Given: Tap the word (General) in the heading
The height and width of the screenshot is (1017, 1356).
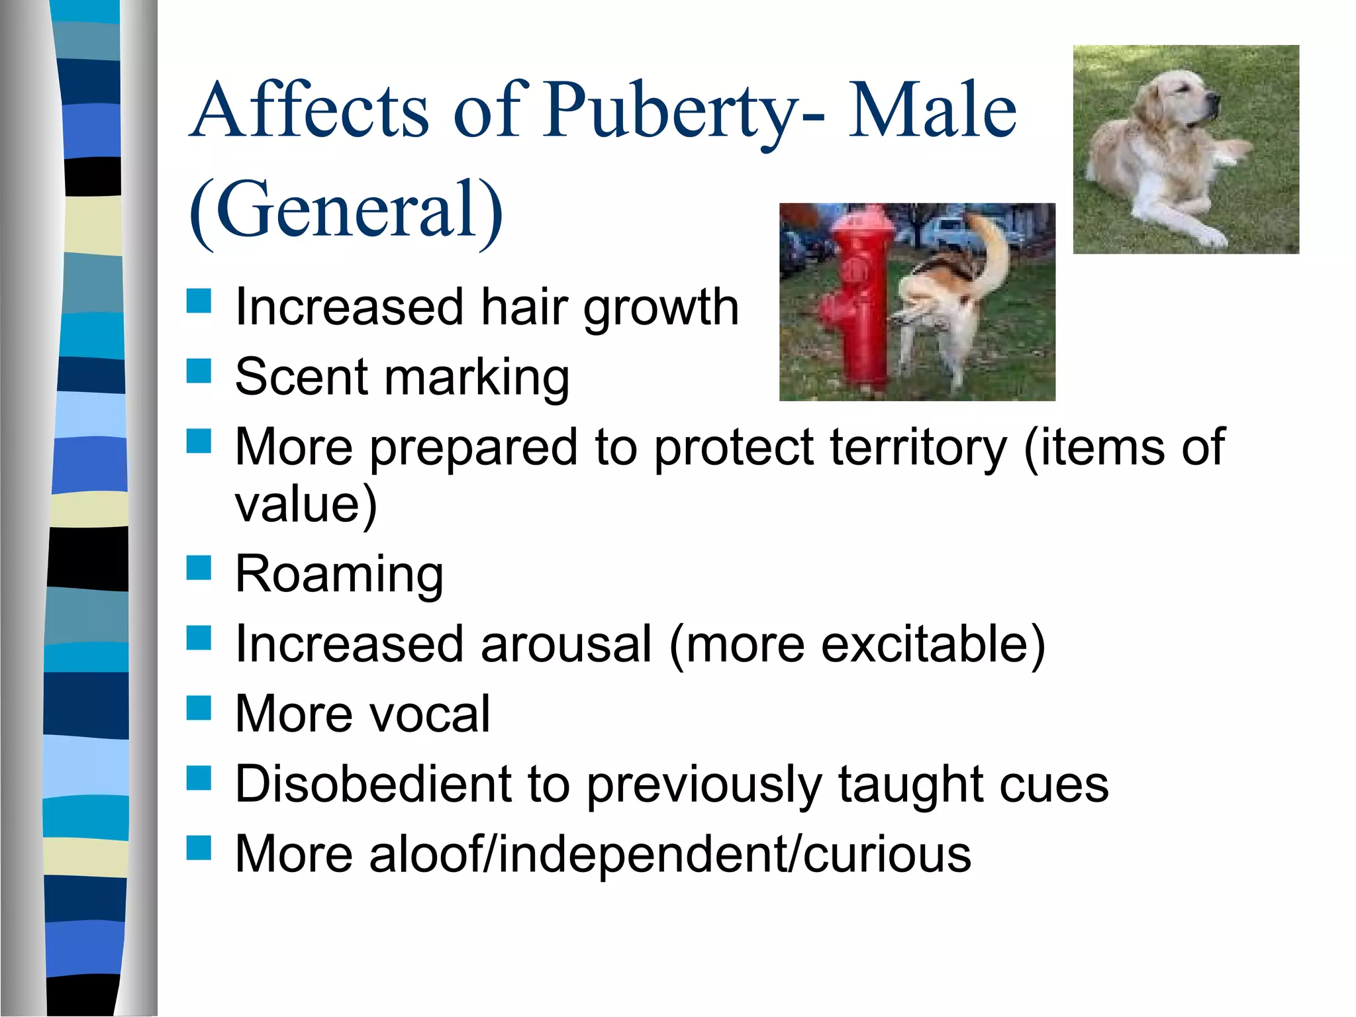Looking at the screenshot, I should point(346,211).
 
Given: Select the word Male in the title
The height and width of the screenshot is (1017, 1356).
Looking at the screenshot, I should point(932,110).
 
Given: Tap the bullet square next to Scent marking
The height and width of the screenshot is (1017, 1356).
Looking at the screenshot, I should point(199,371).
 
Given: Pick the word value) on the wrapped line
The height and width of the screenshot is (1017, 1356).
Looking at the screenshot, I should point(306,504).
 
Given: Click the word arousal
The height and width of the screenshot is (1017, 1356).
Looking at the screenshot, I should point(566,644).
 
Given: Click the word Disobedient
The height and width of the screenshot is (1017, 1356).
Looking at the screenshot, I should point(372,784).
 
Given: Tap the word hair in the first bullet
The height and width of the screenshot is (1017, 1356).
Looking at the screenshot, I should point(523,307).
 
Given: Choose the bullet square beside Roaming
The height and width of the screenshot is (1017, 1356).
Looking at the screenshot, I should point(199,568).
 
